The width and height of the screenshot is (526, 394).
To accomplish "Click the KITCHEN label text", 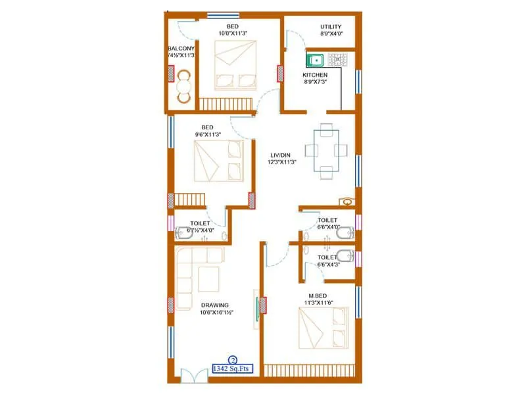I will coord(315,75).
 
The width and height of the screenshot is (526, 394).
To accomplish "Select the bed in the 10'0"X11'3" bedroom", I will coord(234,65).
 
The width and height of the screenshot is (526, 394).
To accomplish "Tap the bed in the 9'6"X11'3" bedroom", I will coord(218,161).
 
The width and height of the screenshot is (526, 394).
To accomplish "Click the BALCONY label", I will coord(180,49).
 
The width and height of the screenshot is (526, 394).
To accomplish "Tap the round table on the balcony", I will coord(183,86).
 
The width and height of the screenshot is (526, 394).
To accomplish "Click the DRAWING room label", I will coord(215,305).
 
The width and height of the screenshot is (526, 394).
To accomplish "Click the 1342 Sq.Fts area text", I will coord(232,369).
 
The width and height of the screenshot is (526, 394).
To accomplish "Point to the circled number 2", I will coord(232,360).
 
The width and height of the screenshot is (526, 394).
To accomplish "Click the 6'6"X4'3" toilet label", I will coord(327,257).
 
